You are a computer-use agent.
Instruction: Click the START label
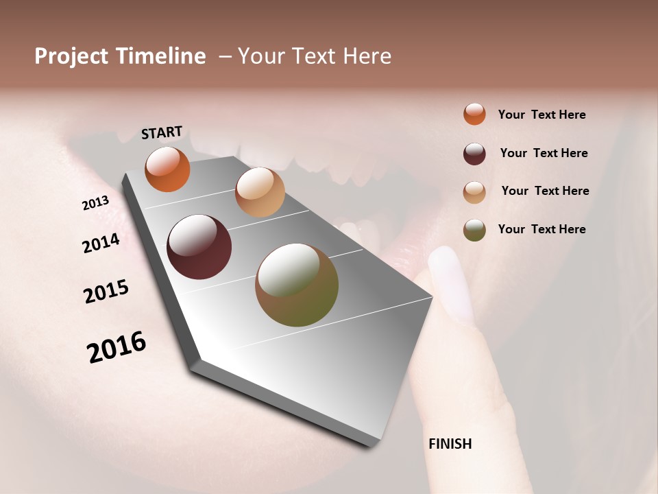[162, 132]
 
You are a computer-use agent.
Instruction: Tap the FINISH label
[450, 444]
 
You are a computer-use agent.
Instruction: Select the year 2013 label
[95, 203]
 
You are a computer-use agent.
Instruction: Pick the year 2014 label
[101, 243]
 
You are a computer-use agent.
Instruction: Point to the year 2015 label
[106, 292]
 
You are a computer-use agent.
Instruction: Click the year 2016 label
[117, 346]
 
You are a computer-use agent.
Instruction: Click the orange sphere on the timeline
[167, 169]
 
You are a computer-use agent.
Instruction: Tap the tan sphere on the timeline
[260, 192]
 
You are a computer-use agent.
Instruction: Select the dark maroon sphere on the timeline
[199, 247]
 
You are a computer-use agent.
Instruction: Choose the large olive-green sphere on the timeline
[297, 285]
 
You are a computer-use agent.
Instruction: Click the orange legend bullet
[474, 114]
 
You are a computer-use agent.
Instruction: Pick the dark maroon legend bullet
[474, 154]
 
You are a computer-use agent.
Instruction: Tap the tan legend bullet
[474, 192]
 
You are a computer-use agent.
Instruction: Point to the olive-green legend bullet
[474, 230]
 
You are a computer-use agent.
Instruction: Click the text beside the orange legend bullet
[541, 115]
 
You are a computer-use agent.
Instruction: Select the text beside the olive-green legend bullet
[541, 229]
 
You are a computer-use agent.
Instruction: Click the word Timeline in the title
[160, 56]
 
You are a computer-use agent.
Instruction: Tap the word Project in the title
[72, 56]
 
